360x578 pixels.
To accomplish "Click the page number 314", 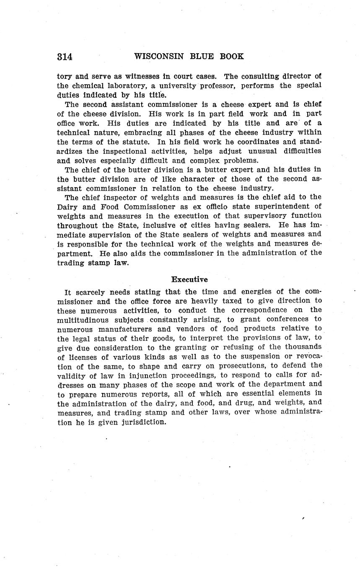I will click(x=65, y=57).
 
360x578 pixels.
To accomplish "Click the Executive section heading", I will click(x=189, y=279).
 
